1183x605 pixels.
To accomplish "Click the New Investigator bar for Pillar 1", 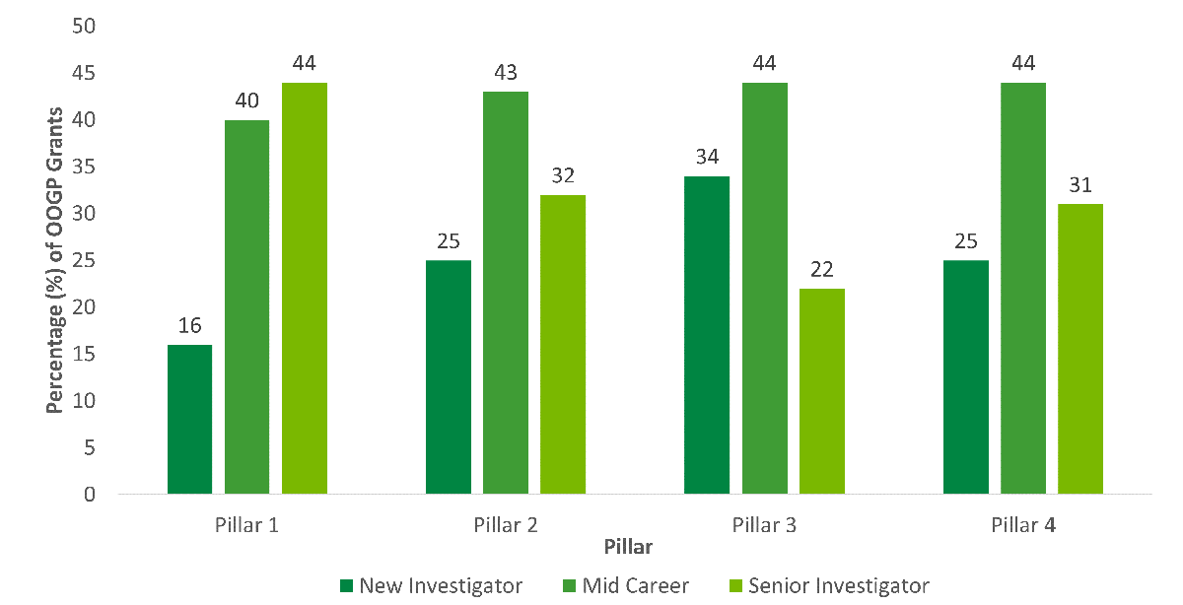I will point(189,419).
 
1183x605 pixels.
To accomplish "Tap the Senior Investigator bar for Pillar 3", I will point(822,391).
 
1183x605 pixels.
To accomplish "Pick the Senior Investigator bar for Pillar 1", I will point(305,288).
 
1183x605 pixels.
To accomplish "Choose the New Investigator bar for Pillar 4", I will point(965,377).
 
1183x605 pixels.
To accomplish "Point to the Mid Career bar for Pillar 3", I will point(765,288).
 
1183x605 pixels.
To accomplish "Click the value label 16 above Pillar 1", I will point(189,326).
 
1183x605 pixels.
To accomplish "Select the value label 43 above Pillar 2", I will point(506,73).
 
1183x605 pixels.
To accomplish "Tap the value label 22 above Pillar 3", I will point(822,270).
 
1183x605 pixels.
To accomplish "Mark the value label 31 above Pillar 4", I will point(1080,185).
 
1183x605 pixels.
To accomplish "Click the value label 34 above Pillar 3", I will point(707,158).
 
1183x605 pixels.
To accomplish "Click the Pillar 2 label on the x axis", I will point(505,524).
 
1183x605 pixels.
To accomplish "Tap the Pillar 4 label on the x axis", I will point(1023,524).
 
